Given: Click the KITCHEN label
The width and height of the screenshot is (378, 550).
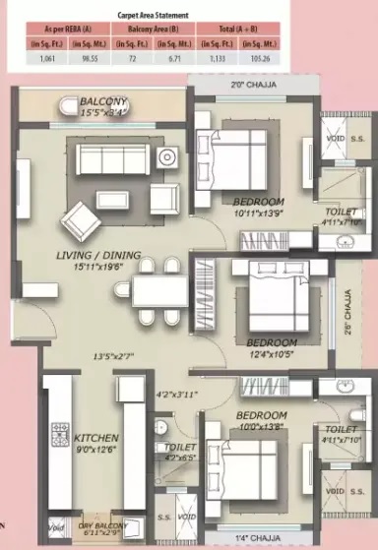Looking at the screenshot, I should tap(96, 437).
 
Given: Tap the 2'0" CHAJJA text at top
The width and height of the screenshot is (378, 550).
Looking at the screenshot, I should tap(250, 86).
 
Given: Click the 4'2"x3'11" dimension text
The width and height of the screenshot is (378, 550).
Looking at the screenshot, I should tap(178, 397).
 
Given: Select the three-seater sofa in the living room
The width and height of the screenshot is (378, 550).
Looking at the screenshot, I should tap(111, 159).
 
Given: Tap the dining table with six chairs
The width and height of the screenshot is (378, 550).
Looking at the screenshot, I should tap(158, 290).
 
